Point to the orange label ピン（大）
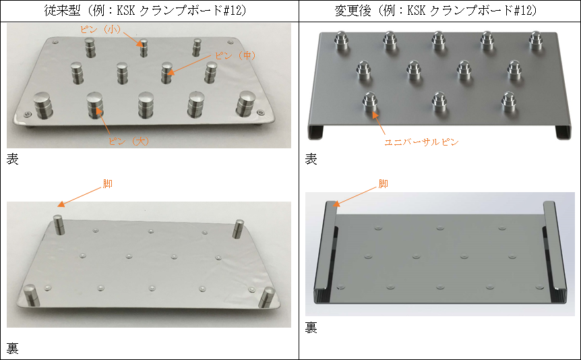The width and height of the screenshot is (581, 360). [131, 142]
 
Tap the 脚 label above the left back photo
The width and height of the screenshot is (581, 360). [109, 183]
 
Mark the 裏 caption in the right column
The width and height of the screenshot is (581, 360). [311, 328]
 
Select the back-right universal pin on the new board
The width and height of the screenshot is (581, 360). [536, 41]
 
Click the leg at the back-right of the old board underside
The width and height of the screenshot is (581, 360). [238, 227]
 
